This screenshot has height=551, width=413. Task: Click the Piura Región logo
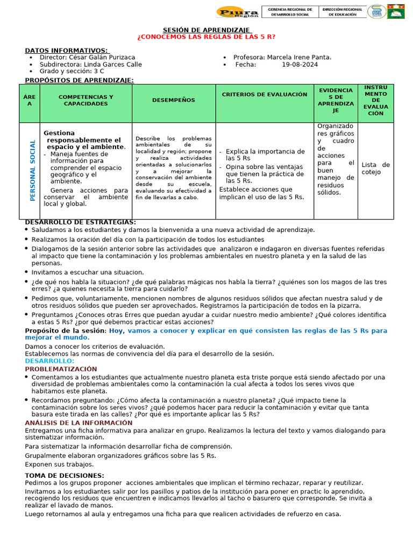point(237,12)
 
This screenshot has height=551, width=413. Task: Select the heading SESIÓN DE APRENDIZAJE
point(206,30)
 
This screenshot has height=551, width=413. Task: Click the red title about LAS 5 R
point(206,37)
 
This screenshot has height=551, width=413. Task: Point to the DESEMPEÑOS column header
point(174,100)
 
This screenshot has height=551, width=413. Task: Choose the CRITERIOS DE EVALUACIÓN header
point(265,95)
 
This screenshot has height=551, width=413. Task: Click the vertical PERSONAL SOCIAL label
point(33,171)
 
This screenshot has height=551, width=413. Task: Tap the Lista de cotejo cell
point(376,168)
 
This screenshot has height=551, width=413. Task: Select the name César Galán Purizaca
point(102,57)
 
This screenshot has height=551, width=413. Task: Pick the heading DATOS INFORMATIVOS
point(66,50)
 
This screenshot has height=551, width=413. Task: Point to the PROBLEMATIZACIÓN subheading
point(61,369)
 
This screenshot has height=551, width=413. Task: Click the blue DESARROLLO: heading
point(49,361)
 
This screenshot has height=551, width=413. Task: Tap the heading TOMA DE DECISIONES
point(65,476)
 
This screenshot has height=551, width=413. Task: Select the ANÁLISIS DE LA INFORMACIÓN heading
point(79,423)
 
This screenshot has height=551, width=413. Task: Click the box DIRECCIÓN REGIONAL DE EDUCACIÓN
point(342,12)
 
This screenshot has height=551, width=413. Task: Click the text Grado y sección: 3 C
point(72,71)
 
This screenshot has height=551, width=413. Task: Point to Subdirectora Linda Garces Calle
point(90,64)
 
